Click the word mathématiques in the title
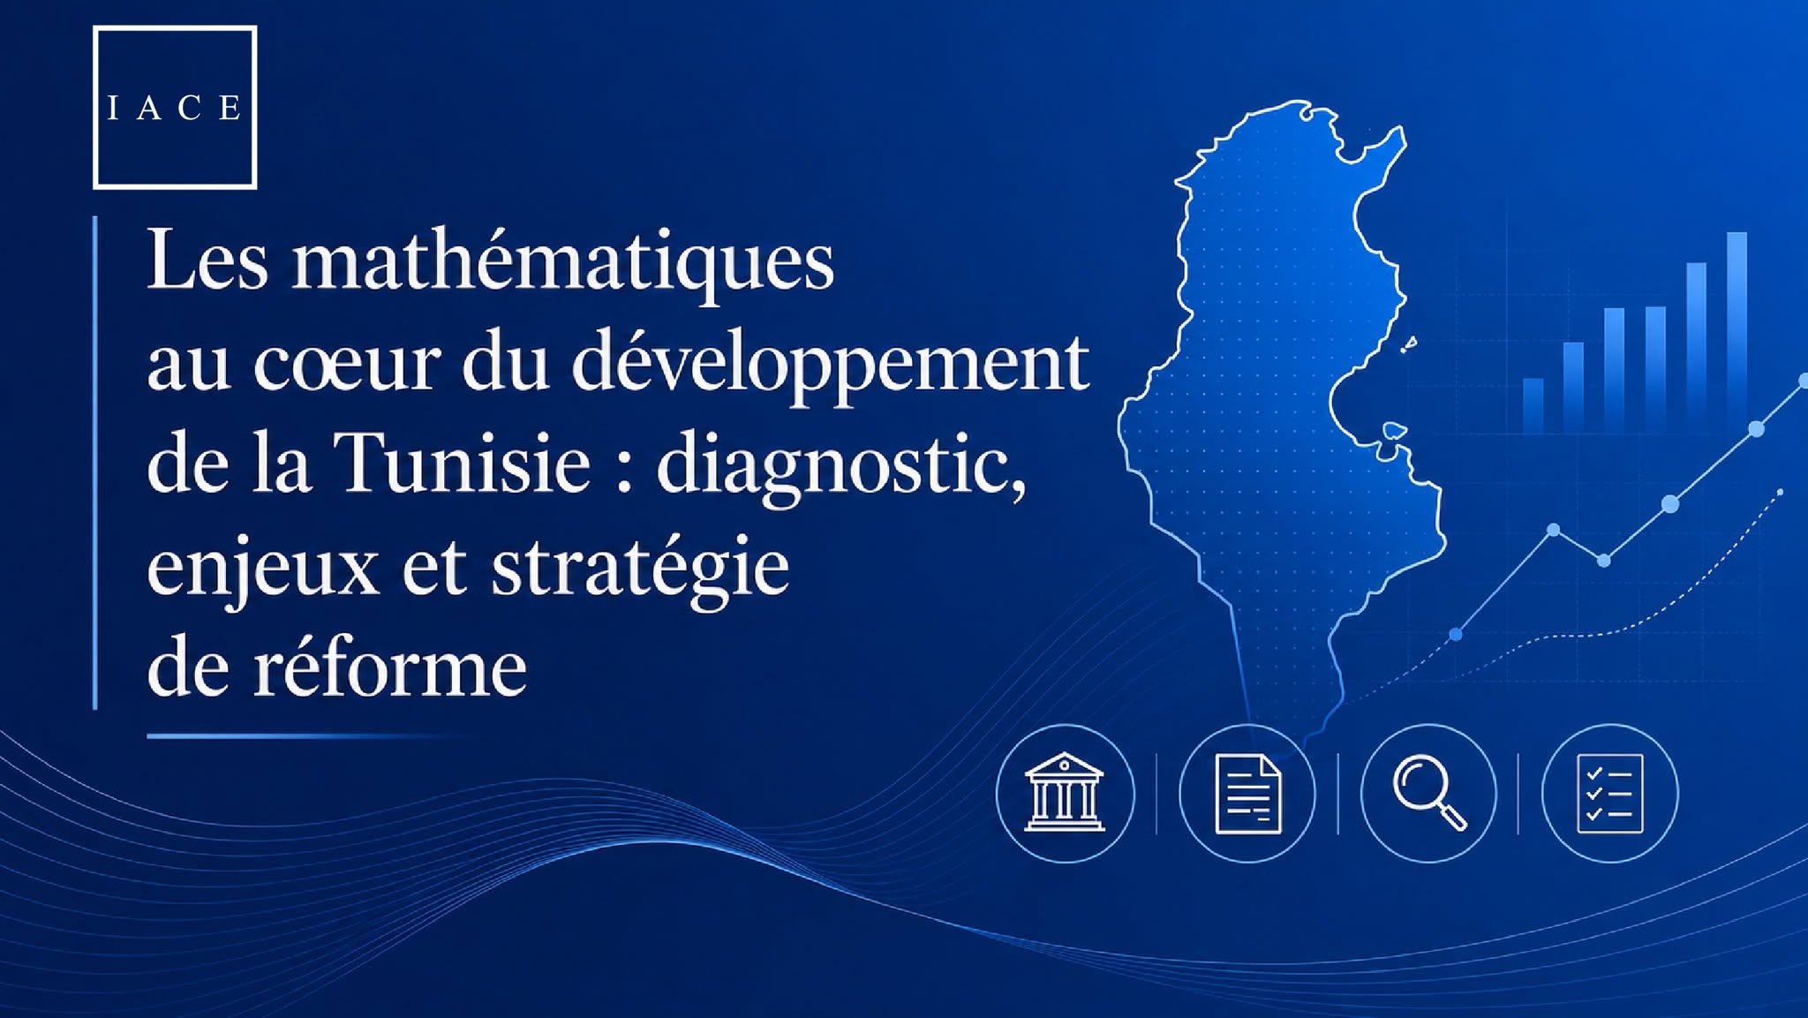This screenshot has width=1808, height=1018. pyautogui.click(x=563, y=261)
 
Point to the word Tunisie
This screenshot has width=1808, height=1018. pyautogui.click(x=463, y=463)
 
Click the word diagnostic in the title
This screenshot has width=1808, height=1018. pyautogui.click(x=842, y=467)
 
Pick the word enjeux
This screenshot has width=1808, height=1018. pyautogui.click(x=263, y=570)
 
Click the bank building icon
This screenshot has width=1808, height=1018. pyautogui.click(x=1064, y=792)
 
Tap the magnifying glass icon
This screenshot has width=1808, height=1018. pyautogui.click(x=1429, y=792)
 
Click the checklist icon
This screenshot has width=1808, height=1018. pyautogui.click(x=1610, y=793)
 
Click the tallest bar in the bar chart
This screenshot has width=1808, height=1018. pyautogui.click(x=1736, y=331)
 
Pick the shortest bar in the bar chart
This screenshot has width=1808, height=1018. pyautogui.click(x=1533, y=405)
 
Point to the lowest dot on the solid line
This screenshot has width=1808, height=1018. pyautogui.click(x=1456, y=634)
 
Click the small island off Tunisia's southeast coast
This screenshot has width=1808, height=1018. pyautogui.click(x=1394, y=431)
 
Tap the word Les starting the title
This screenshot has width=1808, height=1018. pyautogui.click(x=207, y=261)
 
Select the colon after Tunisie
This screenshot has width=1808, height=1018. pyautogui.click(x=624, y=468)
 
